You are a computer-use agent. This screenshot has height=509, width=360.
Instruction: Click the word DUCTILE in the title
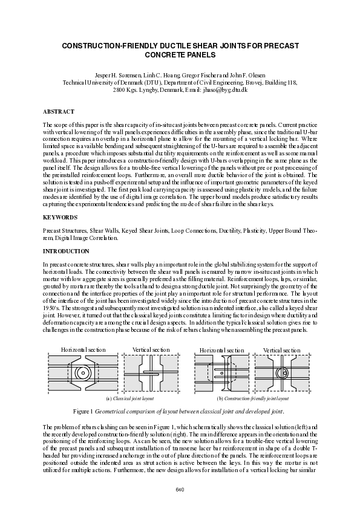coord(166,46)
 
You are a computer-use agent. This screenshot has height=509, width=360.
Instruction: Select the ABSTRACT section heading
coord(58,112)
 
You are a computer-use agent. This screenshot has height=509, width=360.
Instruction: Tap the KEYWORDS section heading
coord(59,216)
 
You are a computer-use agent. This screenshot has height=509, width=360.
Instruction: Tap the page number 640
coord(180,488)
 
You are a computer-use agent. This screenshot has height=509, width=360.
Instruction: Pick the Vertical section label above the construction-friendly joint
coord(281,350)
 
